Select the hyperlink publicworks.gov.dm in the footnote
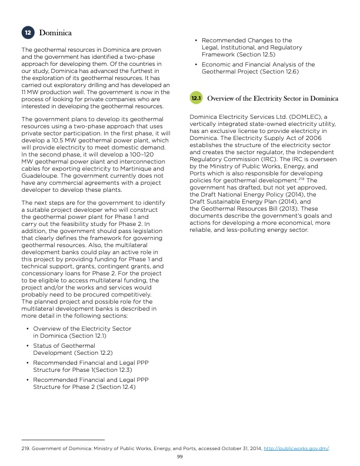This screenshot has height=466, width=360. (x=305, y=449)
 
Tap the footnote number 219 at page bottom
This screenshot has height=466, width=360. (x=24, y=449)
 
